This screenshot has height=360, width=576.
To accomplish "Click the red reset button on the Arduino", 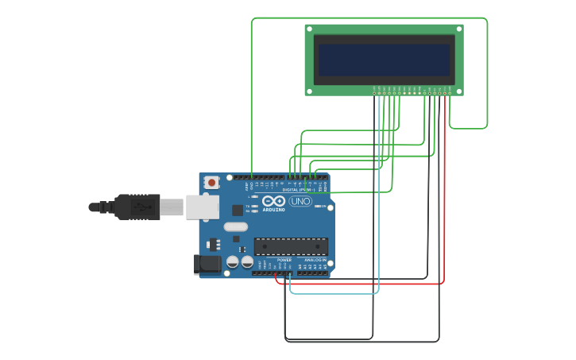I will (x=211, y=182).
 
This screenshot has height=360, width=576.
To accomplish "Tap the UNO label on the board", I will (x=300, y=201).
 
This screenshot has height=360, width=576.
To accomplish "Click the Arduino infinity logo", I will (x=273, y=201).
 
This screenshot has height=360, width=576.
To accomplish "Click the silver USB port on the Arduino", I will (x=202, y=207).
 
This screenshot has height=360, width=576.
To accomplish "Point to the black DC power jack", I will (x=208, y=264).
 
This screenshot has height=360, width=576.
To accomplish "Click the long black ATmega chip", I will (x=291, y=246).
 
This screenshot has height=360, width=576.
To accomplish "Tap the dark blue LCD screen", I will (x=384, y=60).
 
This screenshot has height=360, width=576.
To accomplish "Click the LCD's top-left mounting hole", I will (x=310, y=29).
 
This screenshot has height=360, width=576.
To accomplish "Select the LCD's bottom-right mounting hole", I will (x=458, y=91).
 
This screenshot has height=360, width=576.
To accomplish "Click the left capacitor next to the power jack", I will (x=233, y=261).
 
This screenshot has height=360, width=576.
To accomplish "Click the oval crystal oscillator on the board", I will (x=236, y=226).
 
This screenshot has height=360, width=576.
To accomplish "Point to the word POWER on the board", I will (x=284, y=260).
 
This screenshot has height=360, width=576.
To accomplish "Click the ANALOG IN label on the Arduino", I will (x=315, y=260).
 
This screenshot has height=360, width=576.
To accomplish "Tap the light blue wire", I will (x=334, y=293).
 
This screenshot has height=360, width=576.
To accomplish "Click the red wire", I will (x=358, y=283).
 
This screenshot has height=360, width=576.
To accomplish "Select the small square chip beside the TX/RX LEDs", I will (x=238, y=210).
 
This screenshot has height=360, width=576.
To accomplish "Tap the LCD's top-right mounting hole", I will (x=458, y=29).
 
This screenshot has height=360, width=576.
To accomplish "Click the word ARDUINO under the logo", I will (x=273, y=209).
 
